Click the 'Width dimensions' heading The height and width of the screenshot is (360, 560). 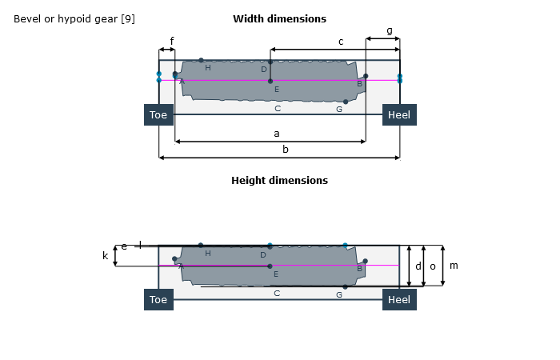(279, 18)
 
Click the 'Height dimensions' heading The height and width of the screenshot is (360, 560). (279, 181)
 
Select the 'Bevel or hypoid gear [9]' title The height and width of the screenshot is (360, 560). (74, 18)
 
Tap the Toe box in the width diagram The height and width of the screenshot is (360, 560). (158, 115)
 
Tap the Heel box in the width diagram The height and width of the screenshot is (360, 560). (398, 115)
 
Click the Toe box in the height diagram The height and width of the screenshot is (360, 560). (158, 300)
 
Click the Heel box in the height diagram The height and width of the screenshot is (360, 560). (398, 300)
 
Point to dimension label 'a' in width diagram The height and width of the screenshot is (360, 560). (277, 133)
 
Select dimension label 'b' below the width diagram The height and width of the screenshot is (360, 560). (286, 149)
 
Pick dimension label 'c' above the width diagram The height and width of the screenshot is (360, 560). (341, 42)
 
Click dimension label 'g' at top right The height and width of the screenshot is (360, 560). (390, 30)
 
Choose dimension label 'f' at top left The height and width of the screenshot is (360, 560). (171, 42)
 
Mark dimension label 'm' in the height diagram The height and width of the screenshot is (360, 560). (454, 266)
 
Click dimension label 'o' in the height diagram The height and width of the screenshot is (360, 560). (433, 266)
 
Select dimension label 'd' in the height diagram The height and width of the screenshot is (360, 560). (418, 266)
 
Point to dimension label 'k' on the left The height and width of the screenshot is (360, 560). (105, 256)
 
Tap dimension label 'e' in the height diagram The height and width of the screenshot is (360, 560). (124, 246)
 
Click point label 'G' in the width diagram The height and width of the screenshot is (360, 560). (339, 110)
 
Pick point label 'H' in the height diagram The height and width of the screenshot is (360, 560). (208, 254)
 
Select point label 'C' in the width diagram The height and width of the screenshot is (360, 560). (278, 108)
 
